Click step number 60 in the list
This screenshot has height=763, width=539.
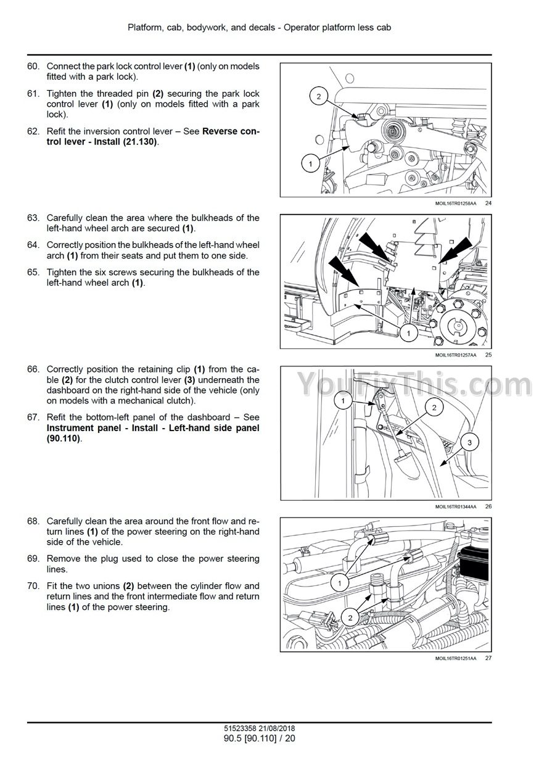coord(33,66)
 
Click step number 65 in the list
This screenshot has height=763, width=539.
coord(33,272)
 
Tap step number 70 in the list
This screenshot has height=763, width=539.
coord(33,586)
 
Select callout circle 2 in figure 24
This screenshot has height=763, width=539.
coord(319,96)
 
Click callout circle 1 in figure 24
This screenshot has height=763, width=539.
coord(311,164)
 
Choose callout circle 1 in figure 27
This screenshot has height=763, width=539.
coord(339,581)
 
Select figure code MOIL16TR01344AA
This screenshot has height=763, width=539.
coord(456,506)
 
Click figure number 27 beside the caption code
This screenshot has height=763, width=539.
coord(488,658)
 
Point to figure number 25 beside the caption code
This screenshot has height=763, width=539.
coord(488,355)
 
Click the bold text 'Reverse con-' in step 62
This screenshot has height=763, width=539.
coord(231,131)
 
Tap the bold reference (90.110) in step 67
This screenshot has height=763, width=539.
coord(64,439)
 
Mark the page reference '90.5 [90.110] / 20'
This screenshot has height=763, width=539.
coord(260,738)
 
